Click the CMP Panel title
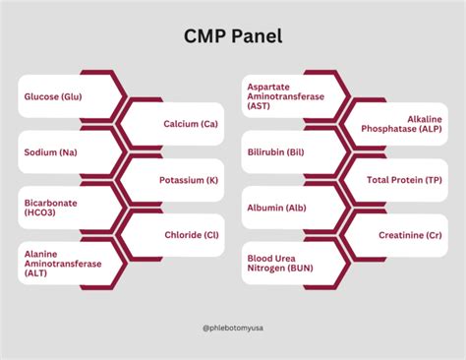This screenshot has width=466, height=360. (x=232, y=36)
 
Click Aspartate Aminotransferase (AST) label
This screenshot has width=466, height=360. (x=284, y=95)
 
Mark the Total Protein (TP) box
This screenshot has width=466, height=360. (x=404, y=181)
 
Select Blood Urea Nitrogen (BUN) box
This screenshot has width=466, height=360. (x=284, y=264)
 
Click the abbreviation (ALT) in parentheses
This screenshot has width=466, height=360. (x=35, y=275)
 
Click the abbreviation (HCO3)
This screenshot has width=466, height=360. (x=40, y=214)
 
